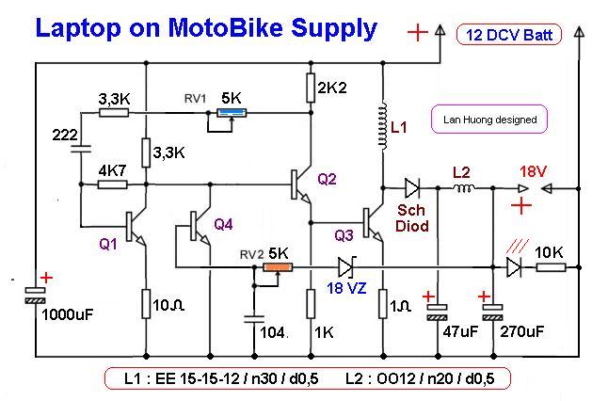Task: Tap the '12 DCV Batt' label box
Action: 509,37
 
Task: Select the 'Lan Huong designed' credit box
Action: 489,120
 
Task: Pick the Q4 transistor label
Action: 223,224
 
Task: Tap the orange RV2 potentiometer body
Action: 277,268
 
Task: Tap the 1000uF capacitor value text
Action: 68,313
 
